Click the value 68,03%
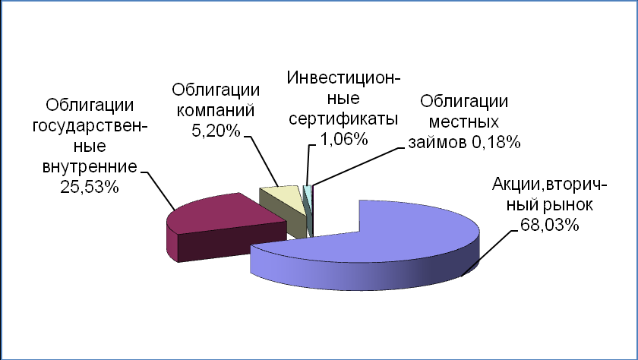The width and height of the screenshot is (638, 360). click(x=549, y=225)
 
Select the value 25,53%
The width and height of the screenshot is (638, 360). click(x=90, y=187)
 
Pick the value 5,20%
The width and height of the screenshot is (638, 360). click(x=216, y=131)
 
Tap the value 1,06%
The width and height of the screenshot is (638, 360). click(x=344, y=140)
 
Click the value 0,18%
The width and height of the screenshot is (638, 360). click(x=497, y=142)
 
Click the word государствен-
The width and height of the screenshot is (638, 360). click(x=90, y=125)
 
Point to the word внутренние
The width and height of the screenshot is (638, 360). click(x=90, y=167)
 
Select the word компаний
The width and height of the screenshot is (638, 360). click(x=216, y=111)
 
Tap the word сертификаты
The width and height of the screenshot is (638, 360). click(x=343, y=119)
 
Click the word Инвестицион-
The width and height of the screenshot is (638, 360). click(x=343, y=77)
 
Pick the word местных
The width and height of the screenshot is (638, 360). click(x=464, y=122)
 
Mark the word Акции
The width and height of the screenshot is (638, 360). click(x=517, y=185)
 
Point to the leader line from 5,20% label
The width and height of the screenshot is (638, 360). click(x=263, y=161)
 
